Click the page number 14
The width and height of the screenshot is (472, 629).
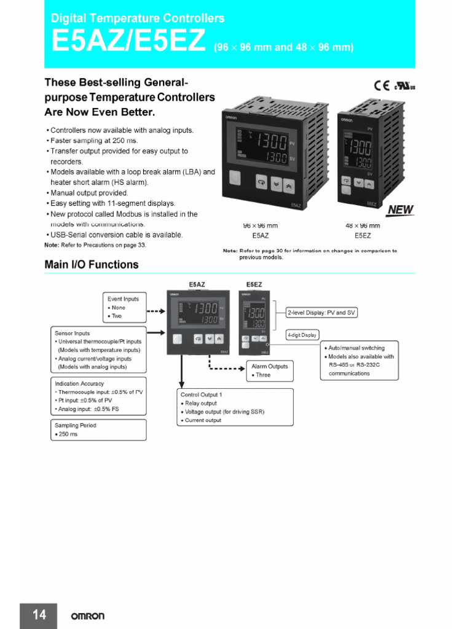pos(39,615)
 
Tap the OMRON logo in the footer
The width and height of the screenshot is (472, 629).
pos(87,616)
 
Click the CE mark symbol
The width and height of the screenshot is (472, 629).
pos(381,85)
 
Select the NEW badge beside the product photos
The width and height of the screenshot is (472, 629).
pos(401,210)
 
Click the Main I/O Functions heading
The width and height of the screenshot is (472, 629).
pos(92,265)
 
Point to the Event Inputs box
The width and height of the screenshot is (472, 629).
pos(125,307)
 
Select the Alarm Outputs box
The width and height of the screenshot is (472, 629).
pos(269,370)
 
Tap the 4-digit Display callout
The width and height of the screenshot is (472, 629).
pos(302,335)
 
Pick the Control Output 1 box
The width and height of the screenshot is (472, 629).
pos(235,407)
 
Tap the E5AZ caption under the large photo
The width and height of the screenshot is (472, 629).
pos(261,235)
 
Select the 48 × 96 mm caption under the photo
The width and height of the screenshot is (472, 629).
pos(363,225)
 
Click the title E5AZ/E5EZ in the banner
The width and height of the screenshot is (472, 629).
pos(128,42)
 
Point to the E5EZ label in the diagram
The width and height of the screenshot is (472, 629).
pos(254,284)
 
